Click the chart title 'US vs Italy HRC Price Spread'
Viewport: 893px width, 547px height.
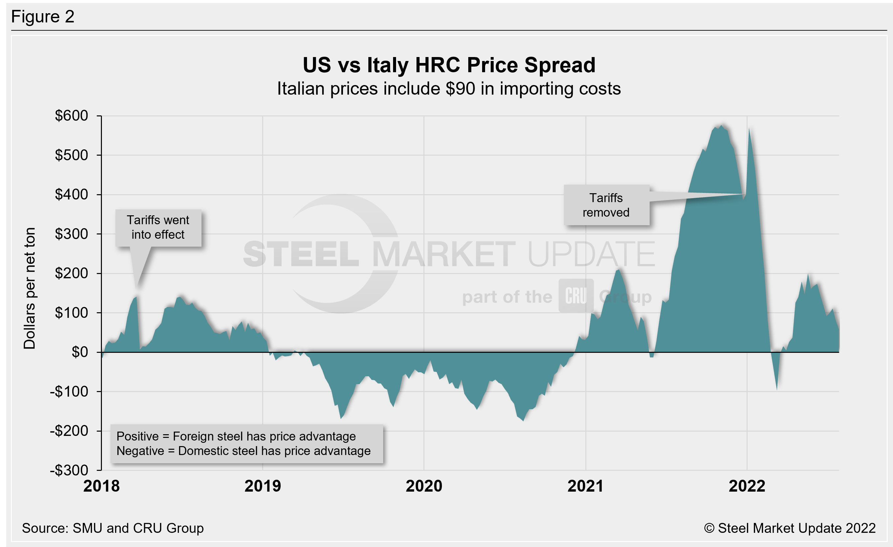tap(449, 65)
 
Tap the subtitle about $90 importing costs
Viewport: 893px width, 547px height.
tap(449, 89)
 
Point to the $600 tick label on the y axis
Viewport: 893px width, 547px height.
tap(72, 116)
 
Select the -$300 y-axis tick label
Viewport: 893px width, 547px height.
tap(69, 470)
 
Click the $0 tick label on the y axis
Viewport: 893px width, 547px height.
tap(80, 352)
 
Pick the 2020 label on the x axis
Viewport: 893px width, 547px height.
tap(424, 486)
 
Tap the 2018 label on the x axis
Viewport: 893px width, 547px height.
tap(102, 486)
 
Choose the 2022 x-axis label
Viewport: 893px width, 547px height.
tap(747, 486)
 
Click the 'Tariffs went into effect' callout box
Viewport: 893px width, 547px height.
tap(158, 228)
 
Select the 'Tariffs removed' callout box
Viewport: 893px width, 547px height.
tap(606, 205)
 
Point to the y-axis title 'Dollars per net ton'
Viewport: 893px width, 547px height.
tap(30, 289)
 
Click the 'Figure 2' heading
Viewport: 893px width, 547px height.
tap(43, 17)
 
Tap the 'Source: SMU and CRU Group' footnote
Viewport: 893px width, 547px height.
tap(113, 528)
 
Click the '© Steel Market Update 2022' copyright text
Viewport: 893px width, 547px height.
tap(789, 528)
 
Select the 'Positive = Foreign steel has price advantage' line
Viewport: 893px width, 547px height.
tap(236, 436)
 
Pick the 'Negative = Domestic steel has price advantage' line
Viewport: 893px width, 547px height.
tap(243, 451)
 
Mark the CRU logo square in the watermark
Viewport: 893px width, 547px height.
tap(575, 296)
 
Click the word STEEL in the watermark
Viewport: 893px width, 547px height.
tap(301, 254)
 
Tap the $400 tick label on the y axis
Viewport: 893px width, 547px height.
tap(72, 195)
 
